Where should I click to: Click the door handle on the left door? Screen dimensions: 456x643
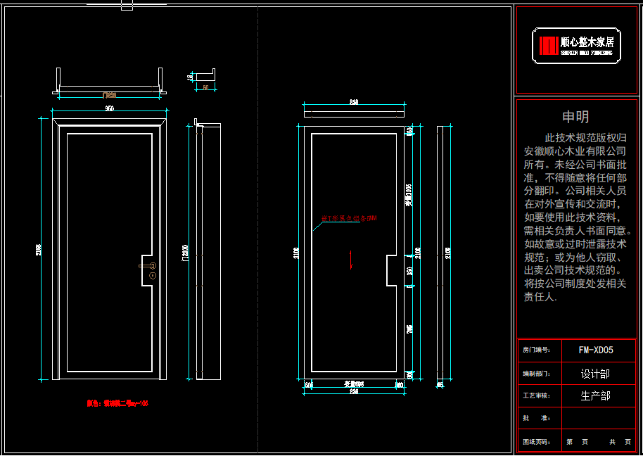150,266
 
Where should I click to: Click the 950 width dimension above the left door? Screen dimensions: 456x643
110,109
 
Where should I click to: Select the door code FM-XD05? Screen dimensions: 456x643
595,350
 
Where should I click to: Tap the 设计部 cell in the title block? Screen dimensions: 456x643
595,374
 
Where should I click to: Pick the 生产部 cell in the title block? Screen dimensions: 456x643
595,396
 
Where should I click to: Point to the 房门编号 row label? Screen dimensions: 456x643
536,350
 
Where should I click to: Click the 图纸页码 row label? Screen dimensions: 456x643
536,443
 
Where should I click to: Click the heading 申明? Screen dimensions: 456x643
575,118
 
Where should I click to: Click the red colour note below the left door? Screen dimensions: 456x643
117,404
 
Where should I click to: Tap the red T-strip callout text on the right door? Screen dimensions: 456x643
349,219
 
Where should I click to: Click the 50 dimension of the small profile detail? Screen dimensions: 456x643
205,87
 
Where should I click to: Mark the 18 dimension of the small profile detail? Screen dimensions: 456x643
190,77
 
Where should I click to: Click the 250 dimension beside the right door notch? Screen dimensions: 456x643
410,270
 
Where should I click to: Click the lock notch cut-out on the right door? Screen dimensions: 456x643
391,270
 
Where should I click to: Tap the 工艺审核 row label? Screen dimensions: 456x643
536,396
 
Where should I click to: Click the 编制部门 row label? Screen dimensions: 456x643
536,374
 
